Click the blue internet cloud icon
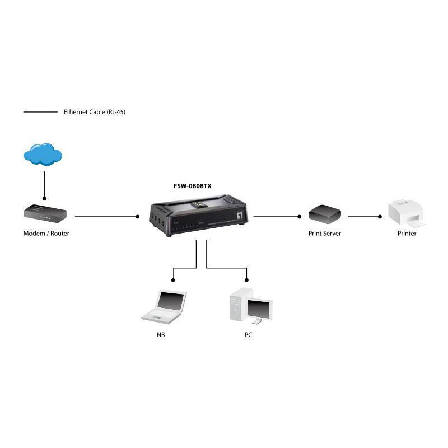click(x=43, y=154)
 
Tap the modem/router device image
click(x=45, y=213)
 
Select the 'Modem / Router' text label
click(x=46, y=234)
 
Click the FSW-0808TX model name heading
click(x=192, y=186)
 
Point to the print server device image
click(x=325, y=214)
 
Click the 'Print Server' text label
click(x=325, y=234)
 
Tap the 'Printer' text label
click(x=407, y=234)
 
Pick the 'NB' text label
click(x=161, y=335)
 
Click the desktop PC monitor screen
click(x=259, y=310)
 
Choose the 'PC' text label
click(x=248, y=335)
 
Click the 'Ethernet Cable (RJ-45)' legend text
click(x=95, y=112)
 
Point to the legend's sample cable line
click(x=40, y=112)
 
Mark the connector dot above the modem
click(x=44, y=199)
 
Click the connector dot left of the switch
click(x=137, y=217)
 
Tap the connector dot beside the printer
click(x=380, y=217)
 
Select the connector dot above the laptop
click(x=173, y=281)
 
